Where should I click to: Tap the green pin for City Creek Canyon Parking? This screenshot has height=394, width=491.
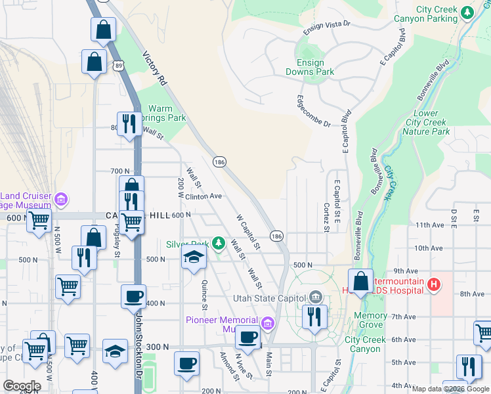[467, 12]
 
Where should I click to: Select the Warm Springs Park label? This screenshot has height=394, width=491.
[160, 114]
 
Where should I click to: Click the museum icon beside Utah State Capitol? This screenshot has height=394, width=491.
[316, 297]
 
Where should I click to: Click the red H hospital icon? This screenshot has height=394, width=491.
[433, 284]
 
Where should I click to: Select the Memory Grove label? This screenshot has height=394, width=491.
[370, 320]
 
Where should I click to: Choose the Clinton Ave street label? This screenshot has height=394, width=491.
[203, 196]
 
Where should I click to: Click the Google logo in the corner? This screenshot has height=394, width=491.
[22, 385]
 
